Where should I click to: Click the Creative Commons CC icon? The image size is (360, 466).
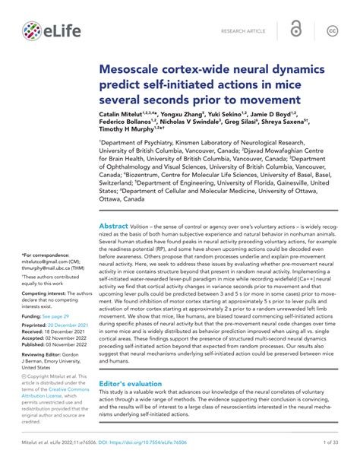click(x=332, y=30)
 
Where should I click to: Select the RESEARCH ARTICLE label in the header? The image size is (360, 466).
click(x=244, y=31)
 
